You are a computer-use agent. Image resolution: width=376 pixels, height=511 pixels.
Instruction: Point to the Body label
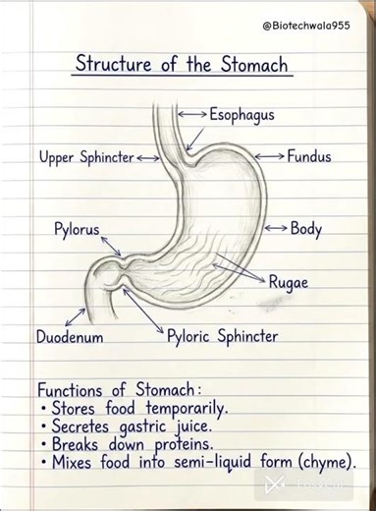[x=305, y=229]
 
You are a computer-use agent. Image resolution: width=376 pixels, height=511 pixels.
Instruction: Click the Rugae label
[x=288, y=282]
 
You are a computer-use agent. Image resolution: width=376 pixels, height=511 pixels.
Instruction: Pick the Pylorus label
[x=77, y=230]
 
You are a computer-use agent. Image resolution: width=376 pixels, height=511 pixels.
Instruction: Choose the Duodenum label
[x=70, y=337]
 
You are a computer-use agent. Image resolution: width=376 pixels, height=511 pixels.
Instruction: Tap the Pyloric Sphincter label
[x=222, y=337]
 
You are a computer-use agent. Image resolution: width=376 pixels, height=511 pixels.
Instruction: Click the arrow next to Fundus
[x=270, y=156]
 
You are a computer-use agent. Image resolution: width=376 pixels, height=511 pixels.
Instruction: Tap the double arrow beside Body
[x=276, y=229]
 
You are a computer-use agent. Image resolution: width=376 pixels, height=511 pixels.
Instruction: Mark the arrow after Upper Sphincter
[x=148, y=157]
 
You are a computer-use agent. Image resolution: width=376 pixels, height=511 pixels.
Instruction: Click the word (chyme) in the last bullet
[x=324, y=462]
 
